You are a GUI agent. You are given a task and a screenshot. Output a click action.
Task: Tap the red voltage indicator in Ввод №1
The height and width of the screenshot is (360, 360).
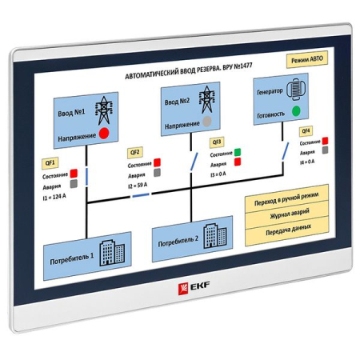(x=103, y=134)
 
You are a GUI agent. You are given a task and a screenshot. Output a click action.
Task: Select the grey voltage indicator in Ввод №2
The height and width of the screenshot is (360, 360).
(x=208, y=122)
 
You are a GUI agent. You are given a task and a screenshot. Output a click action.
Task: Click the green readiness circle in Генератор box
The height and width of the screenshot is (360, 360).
(x=297, y=110)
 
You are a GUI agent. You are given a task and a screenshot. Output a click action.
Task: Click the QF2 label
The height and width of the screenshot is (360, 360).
(x=134, y=152)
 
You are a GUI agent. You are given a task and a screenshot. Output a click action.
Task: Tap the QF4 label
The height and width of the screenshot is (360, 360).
(x=306, y=130)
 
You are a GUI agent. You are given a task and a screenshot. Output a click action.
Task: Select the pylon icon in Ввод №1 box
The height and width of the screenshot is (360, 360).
(x=104, y=110)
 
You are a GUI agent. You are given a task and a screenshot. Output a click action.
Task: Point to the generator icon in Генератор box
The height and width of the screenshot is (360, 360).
(x=300, y=90)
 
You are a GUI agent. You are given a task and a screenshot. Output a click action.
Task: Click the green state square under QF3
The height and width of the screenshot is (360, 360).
(x=238, y=151)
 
